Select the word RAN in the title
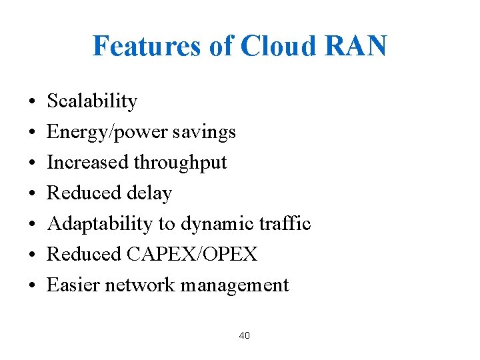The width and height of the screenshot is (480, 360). pyautogui.click(x=361, y=46)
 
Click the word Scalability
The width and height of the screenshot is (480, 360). pyautogui.click(x=92, y=101)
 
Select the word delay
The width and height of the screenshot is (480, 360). pyautogui.click(x=149, y=193)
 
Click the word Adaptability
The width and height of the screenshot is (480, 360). pyautogui.click(x=99, y=224)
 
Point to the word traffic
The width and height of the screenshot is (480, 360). pyautogui.click(x=285, y=224)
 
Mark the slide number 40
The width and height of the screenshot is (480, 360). pyautogui.click(x=244, y=335)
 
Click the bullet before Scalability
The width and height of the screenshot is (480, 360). pyautogui.click(x=32, y=102)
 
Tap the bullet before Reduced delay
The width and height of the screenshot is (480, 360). pyautogui.click(x=32, y=194)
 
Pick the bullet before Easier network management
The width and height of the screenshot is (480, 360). pyautogui.click(x=32, y=286)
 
